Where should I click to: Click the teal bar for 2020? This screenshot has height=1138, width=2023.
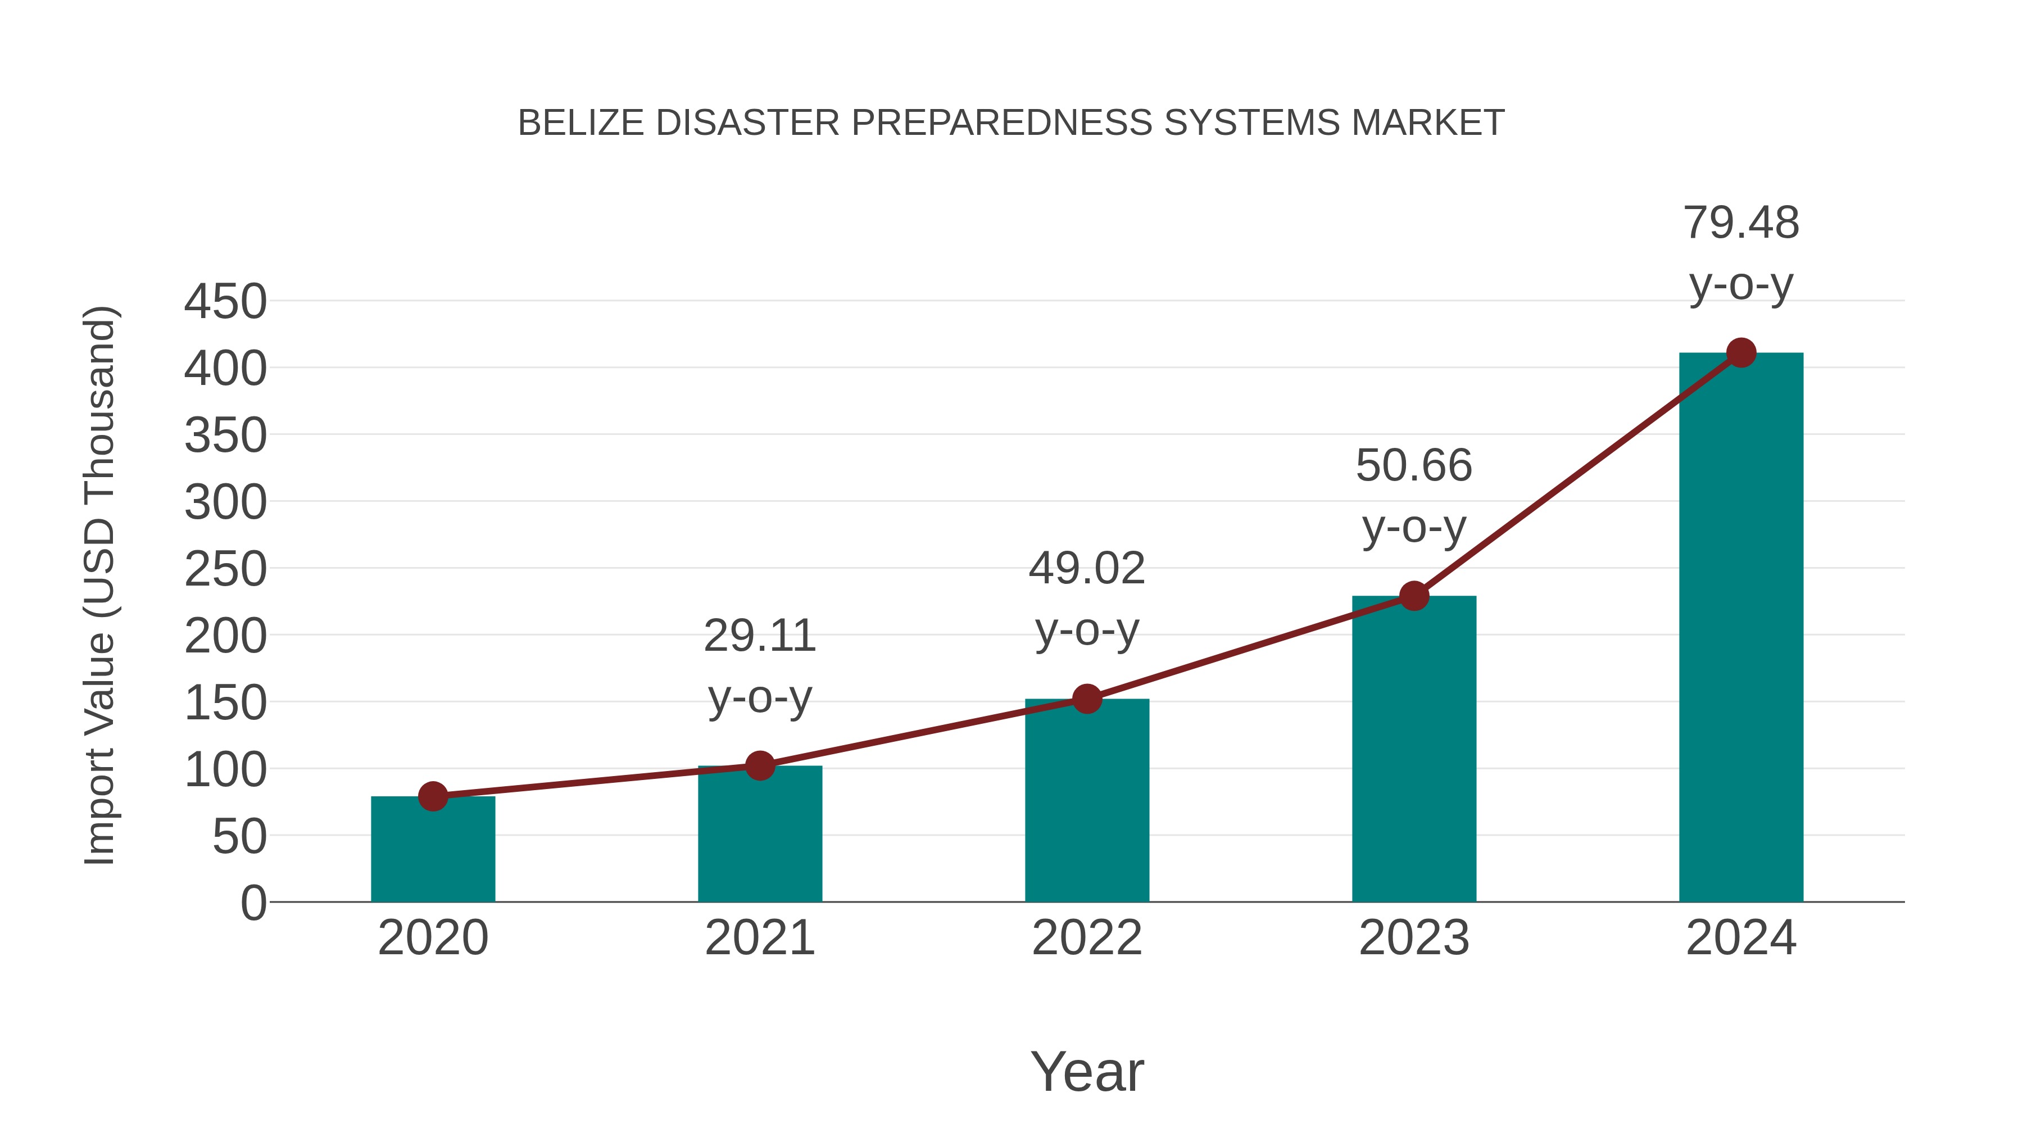tap(433, 852)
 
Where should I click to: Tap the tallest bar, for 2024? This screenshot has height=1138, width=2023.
tap(1741, 628)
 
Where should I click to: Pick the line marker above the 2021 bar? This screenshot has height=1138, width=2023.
tap(759, 765)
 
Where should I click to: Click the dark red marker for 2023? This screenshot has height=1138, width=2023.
tap(1414, 596)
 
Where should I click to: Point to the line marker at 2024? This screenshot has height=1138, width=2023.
tap(1741, 352)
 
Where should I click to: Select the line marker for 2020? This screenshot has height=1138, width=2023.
tap(433, 796)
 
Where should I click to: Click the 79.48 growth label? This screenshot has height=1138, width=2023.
tap(1741, 223)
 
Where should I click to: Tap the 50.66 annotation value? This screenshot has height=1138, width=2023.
tap(1414, 466)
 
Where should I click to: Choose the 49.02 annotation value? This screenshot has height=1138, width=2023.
tap(1087, 569)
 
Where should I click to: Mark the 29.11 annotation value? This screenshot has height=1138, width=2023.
tap(759, 636)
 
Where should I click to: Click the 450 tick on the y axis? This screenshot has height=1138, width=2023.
tap(225, 302)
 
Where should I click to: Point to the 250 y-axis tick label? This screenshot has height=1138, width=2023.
tap(225, 569)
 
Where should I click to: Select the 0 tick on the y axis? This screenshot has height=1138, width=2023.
tap(253, 903)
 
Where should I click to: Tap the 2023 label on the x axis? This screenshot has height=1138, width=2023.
tap(1414, 938)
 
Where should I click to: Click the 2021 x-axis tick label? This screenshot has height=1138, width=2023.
tap(759, 938)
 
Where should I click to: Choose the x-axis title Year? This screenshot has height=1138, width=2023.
tap(1087, 1072)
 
